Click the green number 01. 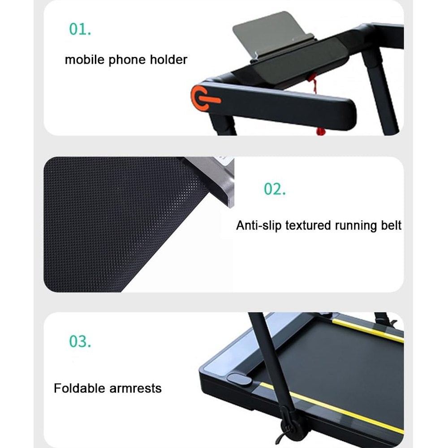(80, 29)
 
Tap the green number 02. (275, 189)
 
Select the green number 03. (80, 341)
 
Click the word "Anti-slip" (259, 225)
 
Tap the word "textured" (308, 225)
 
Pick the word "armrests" (135, 388)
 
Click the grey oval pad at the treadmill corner (239, 379)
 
